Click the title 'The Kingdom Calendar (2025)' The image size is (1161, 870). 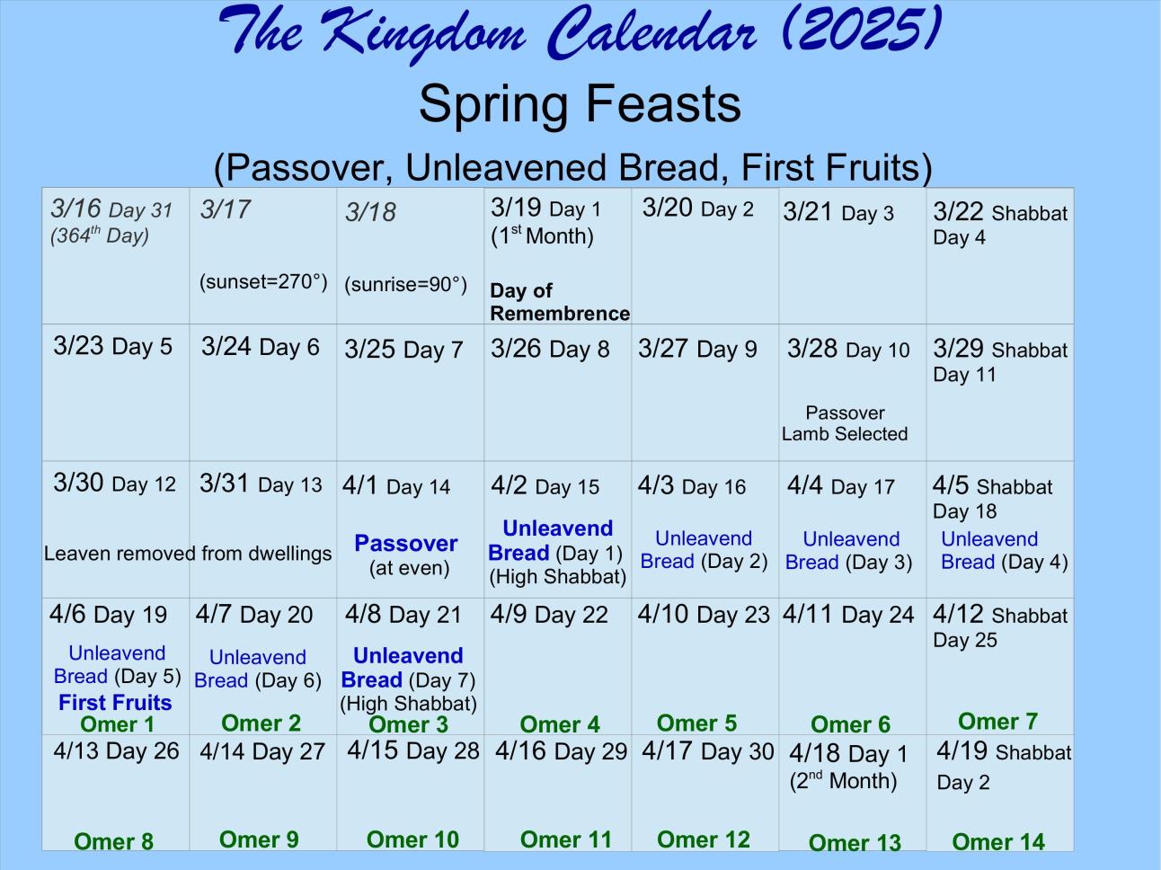point(580,32)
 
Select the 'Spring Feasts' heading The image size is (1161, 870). point(580,103)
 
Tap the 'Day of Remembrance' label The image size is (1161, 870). point(560,302)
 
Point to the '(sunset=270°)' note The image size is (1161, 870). point(263,282)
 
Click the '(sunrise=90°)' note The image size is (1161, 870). point(405,285)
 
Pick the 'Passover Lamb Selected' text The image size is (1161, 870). point(845,423)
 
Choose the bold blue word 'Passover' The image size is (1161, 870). point(405,543)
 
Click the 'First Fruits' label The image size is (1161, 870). point(115,702)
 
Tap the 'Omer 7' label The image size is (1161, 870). point(997,722)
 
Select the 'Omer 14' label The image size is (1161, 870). point(998,842)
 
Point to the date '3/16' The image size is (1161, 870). point(75,208)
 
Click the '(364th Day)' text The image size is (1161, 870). point(100,235)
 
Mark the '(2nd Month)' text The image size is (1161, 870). point(843,781)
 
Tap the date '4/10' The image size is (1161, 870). point(663,614)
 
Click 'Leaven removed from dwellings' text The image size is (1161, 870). point(188,554)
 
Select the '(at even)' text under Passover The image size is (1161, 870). point(410,568)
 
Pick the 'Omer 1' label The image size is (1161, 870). point(117,724)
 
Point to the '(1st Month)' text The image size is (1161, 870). point(542,235)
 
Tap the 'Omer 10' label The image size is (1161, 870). point(412,839)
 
